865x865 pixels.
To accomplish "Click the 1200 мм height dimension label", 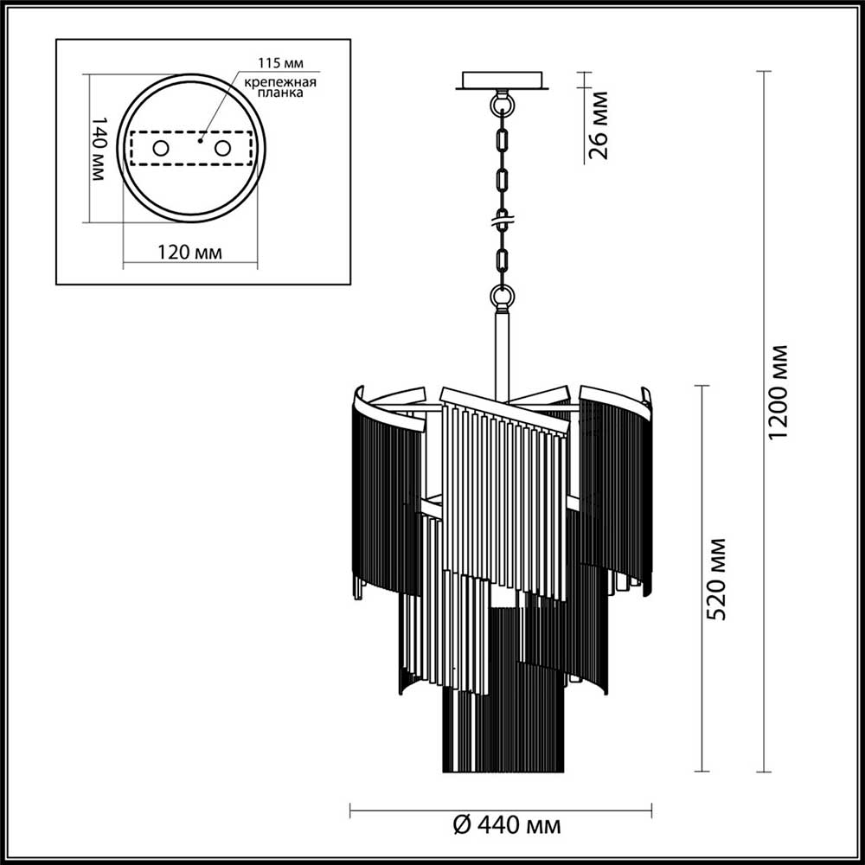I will [x=780, y=392].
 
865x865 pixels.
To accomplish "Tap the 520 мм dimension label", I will [x=716, y=578].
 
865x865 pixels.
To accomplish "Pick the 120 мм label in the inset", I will [x=189, y=253].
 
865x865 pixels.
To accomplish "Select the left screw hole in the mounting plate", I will [x=161, y=148].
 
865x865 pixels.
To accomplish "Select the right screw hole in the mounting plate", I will [x=223, y=148].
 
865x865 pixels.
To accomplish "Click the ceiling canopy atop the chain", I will [x=502, y=80].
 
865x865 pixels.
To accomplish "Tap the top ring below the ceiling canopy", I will [x=502, y=105].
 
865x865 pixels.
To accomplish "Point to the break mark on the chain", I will [x=502, y=220].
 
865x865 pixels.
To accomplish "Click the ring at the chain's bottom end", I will [x=502, y=297].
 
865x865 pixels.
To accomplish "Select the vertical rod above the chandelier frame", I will [x=502, y=350].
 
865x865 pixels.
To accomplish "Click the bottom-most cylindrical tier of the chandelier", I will [x=502, y=727].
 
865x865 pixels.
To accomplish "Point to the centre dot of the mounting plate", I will [x=200, y=139].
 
